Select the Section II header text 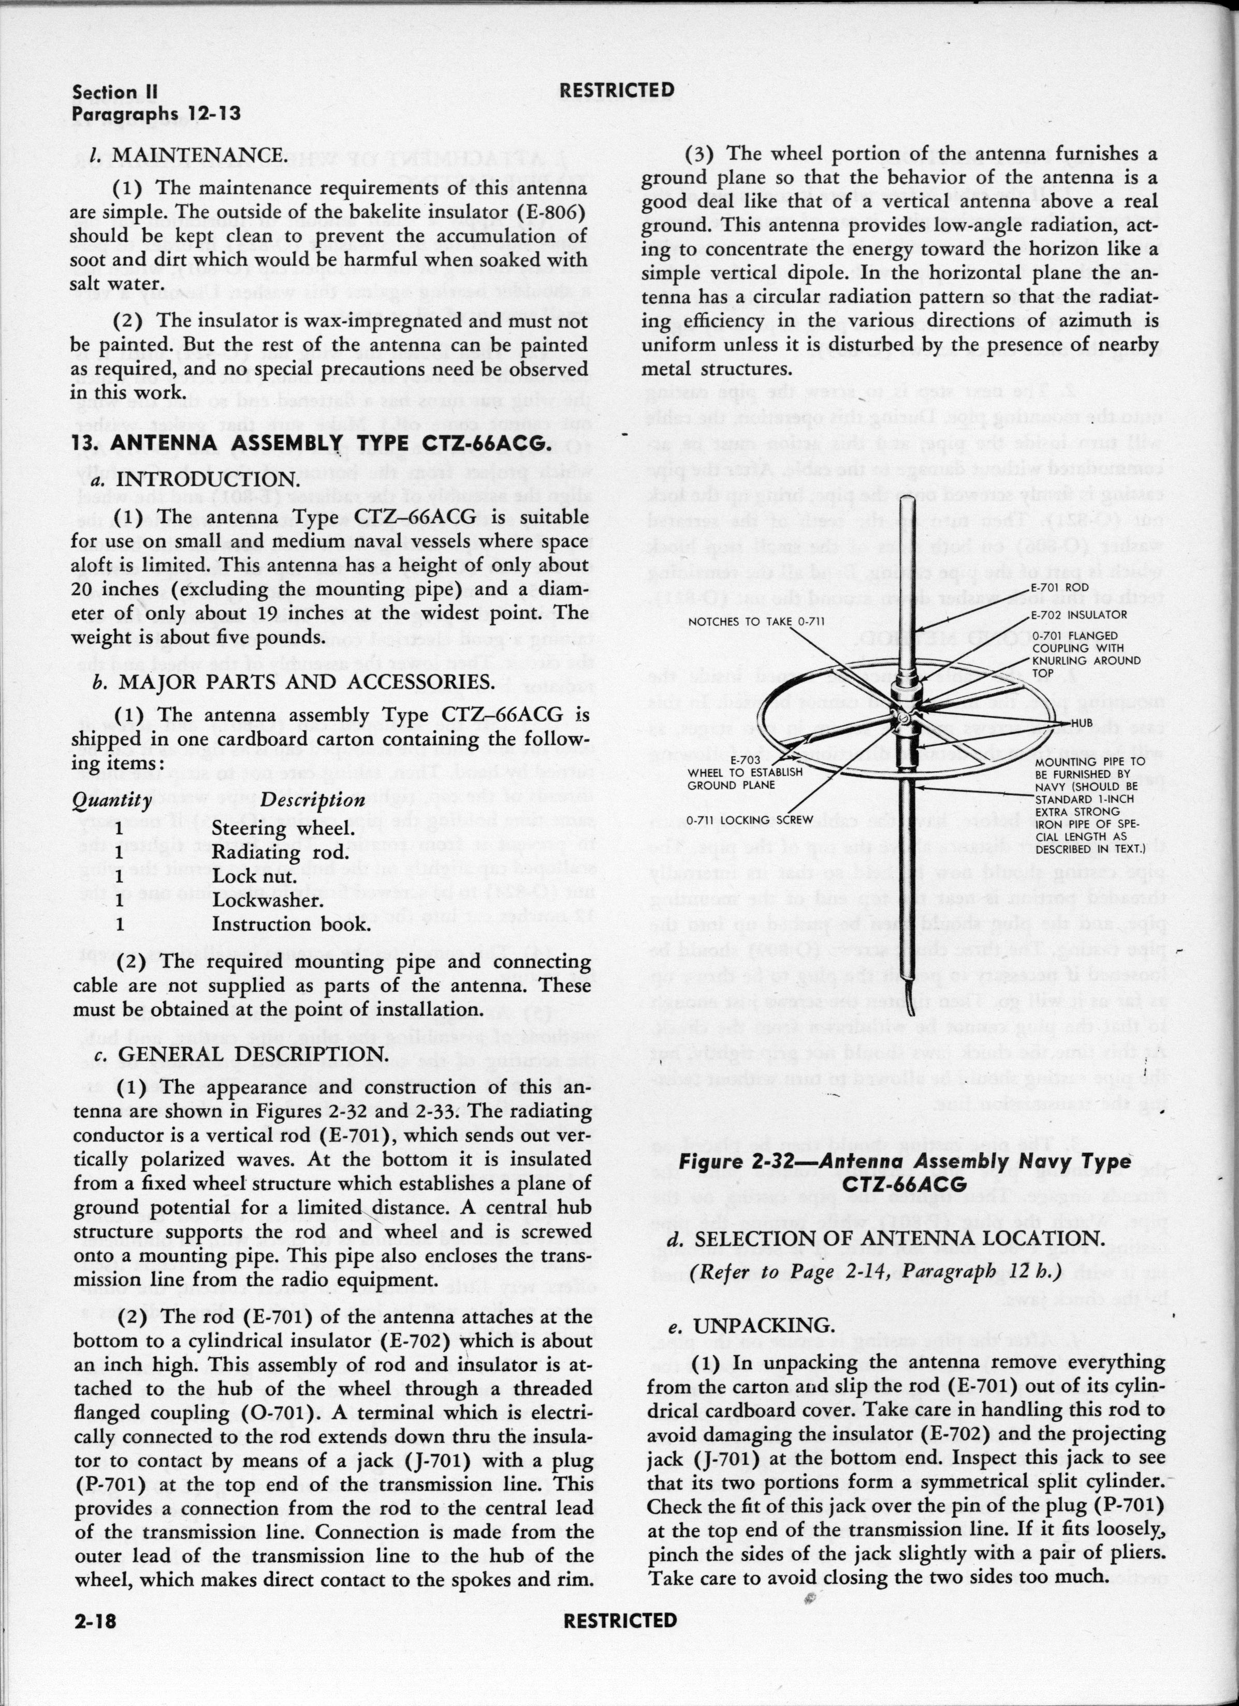point(115,93)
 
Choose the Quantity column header point(111,800)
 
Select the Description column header point(312,800)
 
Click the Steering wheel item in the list point(282,828)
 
